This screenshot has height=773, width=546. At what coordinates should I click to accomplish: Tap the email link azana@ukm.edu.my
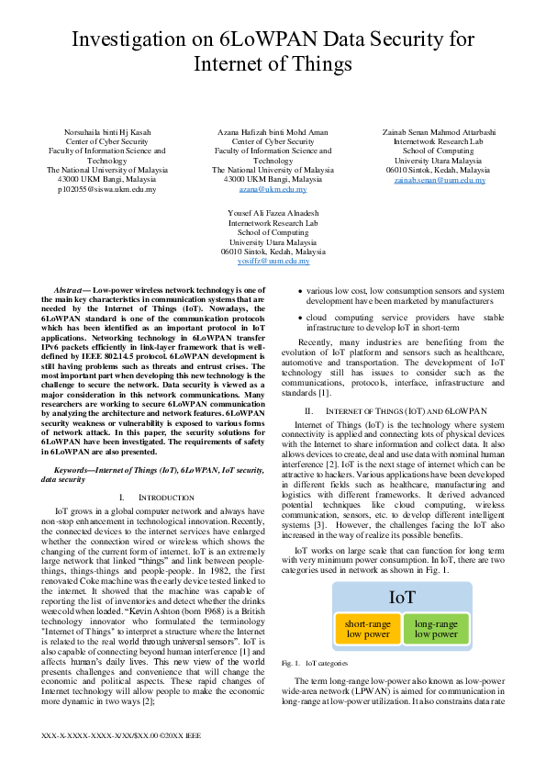[273, 189]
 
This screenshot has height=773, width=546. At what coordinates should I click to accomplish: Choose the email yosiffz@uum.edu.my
[273, 261]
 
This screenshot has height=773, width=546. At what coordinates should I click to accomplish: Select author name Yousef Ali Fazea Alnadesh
[273, 213]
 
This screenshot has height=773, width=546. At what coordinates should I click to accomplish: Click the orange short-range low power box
[368, 628]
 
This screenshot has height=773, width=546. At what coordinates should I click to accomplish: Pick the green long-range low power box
[435, 628]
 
